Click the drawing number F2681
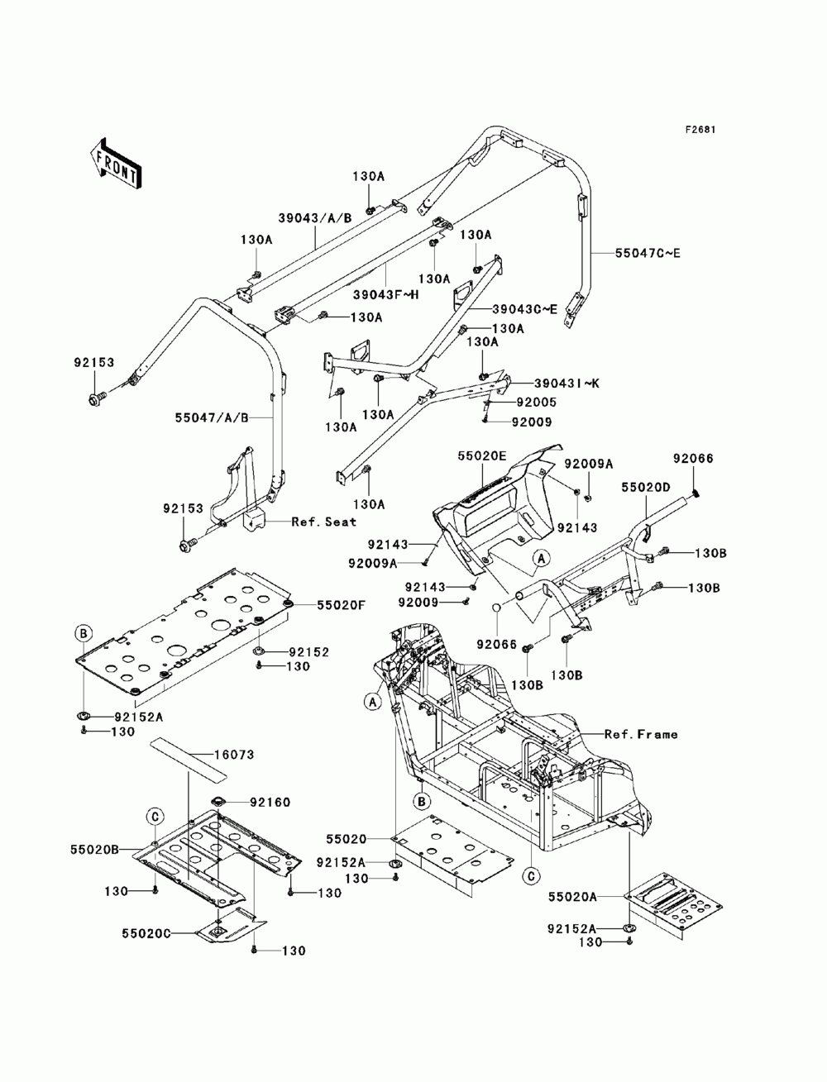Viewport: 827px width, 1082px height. click(x=700, y=130)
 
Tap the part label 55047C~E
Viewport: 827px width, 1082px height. click(x=647, y=254)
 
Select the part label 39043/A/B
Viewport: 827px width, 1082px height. click(x=315, y=218)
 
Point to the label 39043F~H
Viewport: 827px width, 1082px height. click(x=385, y=295)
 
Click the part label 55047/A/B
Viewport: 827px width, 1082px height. click(x=212, y=418)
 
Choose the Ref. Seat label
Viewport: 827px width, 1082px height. click(x=323, y=522)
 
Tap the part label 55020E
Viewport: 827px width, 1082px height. click(x=482, y=455)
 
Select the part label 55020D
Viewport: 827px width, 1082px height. click(x=646, y=488)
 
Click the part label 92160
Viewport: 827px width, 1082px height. click(x=270, y=803)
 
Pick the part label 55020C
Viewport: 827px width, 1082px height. click(x=146, y=933)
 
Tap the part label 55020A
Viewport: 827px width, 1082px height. click(x=572, y=897)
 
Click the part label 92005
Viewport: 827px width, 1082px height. click(x=537, y=403)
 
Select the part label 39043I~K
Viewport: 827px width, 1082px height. click(x=566, y=383)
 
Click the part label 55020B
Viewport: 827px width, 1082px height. click(x=94, y=850)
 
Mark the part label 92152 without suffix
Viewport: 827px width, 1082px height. click(x=308, y=651)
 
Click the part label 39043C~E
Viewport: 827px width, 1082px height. click(x=524, y=309)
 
